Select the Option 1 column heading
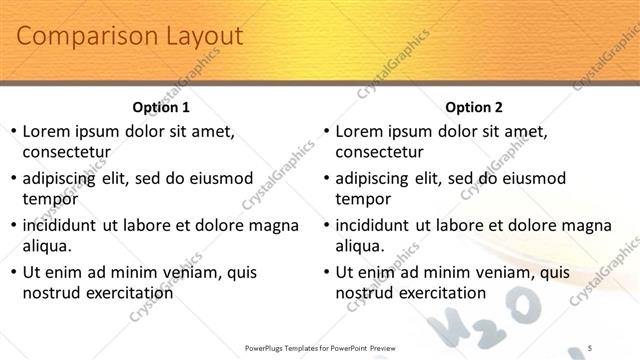click(x=161, y=107)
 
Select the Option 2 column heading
click(x=474, y=107)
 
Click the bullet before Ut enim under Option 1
click(x=12, y=272)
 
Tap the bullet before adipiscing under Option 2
click(x=325, y=179)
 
